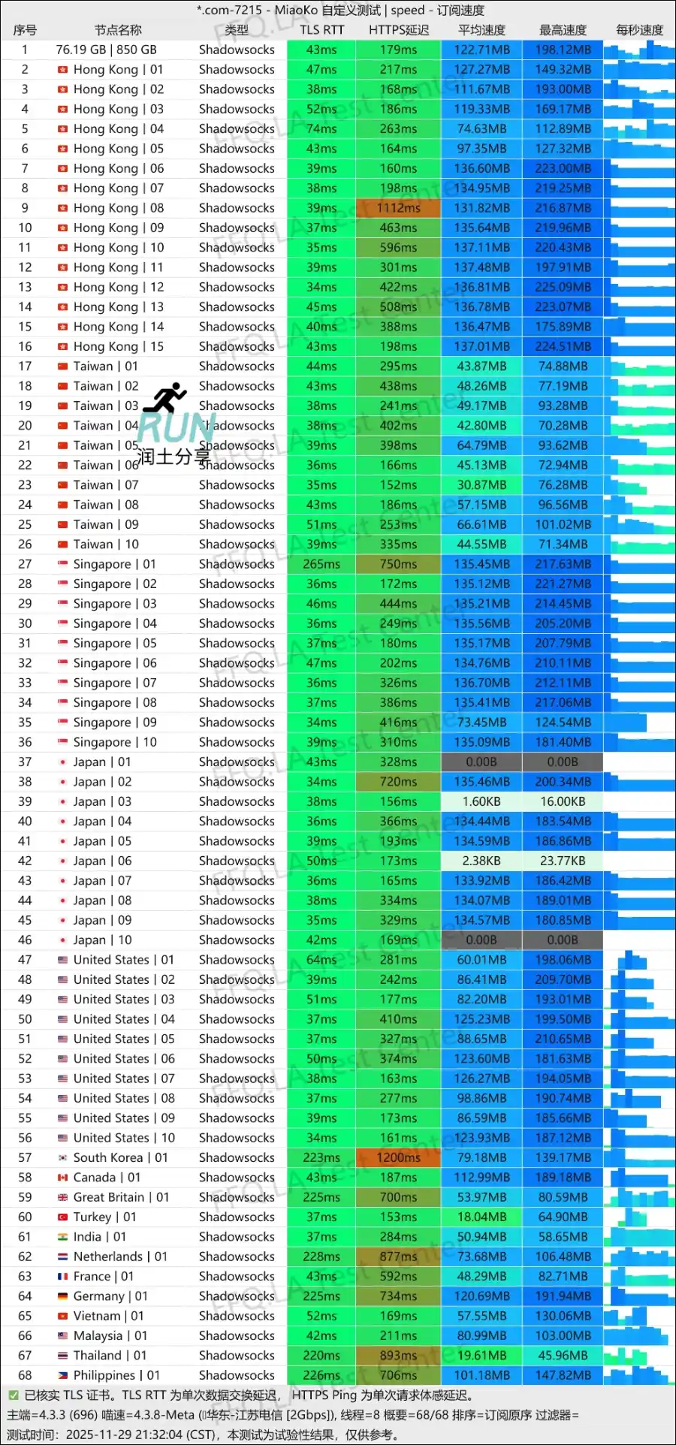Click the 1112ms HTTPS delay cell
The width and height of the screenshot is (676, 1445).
pyautogui.click(x=398, y=208)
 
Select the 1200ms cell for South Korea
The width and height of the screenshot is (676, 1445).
pyautogui.click(x=398, y=1157)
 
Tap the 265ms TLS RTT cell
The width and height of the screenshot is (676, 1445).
pyautogui.click(x=321, y=564)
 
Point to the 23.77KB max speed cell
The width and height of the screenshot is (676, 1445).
pyautogui.click(x=563, y=861)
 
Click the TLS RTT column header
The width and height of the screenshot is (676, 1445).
pyautogui.click(x=321, y=30)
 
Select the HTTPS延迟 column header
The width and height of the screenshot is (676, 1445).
pyautogui.click(x=399, y=30)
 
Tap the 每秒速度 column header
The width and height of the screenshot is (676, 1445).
pyautogui.click(x=639, y=30)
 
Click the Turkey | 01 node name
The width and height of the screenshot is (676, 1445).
pyautogui.click(x=104, y=1217)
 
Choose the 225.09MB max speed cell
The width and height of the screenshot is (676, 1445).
pyautogui.click(x=563, y=287)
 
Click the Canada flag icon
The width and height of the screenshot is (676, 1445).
pyautogui.click(x=63, y=1178)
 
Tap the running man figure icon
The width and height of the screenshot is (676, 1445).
pyautogui.click(x=166, y=397)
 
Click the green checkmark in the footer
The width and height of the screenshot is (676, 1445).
pyautogui.click(x=13, y=1395)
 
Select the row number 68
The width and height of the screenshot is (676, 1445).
pyautogui.click(x=25, y=1375)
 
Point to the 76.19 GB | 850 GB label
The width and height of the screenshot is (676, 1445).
pyautogui.click(x=106, y=50)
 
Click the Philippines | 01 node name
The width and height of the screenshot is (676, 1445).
pyautogui.click(x=116, y=1375)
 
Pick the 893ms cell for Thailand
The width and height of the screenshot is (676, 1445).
pyautogui.click(x=398, y=1356)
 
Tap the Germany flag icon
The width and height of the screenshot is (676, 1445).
pyautogui.click(x=63, y=1296)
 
